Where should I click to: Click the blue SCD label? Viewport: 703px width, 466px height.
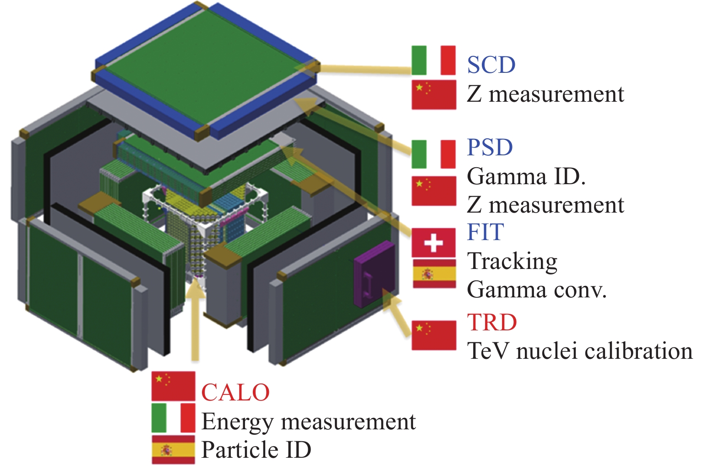coord(491,65)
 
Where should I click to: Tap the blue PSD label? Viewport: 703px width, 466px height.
coord(490,148)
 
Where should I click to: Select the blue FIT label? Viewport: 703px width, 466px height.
coord(485,232)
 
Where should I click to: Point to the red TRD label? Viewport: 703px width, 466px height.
coord(492,323)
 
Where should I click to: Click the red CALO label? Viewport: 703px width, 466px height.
coord(235,393)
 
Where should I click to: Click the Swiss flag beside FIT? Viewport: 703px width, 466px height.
coord(433,243)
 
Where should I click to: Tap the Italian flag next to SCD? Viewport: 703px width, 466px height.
coord(433,60)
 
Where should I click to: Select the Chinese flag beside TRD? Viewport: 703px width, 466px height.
coord(434,335)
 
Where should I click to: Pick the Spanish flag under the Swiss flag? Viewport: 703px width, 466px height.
coord(434,274)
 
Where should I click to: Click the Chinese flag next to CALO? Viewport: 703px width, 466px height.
coord(173,386)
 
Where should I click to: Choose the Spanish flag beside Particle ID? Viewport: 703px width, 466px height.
coord(173,450)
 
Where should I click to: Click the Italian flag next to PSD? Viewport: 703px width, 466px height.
coord(433,154)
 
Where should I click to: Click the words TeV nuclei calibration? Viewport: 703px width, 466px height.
coord(579,351)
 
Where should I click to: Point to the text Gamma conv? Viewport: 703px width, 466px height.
coord(536,290)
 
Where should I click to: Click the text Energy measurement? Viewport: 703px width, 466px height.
coord(308,422)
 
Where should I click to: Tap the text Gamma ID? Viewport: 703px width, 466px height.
coord(526,177)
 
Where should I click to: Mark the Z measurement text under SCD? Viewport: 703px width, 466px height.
coord(545,94)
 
